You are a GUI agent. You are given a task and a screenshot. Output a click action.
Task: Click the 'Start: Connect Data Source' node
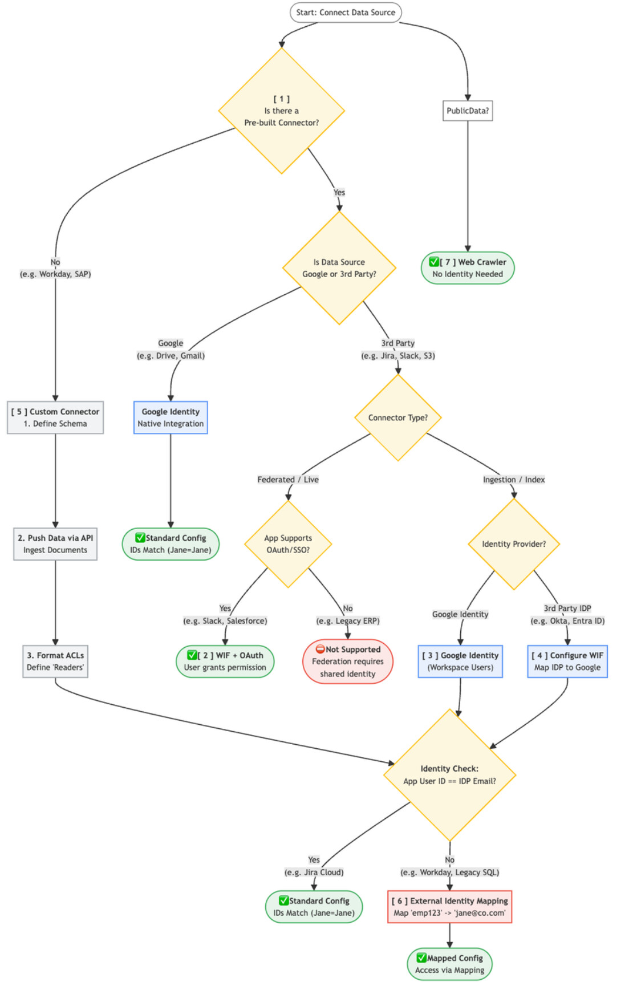click(346, 13)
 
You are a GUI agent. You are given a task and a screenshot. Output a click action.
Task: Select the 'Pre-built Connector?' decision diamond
click(281, 111)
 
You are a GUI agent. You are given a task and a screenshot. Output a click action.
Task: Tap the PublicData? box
click(468, 111)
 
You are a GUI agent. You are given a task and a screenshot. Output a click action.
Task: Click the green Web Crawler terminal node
click(468, 268)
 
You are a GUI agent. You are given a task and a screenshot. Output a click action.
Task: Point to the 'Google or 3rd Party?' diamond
click(339, 268)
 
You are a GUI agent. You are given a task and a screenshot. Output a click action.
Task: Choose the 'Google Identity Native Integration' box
click(171, 417)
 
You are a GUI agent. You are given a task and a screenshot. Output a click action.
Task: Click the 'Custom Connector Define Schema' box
click(55, 417)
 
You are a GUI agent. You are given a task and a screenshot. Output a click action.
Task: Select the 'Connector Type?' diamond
click(398, 417)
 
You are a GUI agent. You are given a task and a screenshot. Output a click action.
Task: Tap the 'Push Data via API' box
click(55, 544)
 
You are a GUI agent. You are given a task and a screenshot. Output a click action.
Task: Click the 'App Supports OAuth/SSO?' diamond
click(288, 544)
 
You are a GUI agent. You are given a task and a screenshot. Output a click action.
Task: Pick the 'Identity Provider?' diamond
click(514, 544)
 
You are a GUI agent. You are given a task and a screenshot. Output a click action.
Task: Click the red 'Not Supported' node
click(348, 662)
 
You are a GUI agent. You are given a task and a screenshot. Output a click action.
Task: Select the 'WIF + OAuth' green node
click(225, 662)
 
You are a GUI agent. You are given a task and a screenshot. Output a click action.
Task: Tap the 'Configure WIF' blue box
click(567, 662)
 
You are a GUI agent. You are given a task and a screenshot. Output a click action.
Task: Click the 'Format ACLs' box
click(55, 662)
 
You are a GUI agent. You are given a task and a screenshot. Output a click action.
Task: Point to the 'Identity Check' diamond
click(449, 775)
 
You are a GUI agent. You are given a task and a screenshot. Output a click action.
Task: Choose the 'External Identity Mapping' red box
click(449, 907)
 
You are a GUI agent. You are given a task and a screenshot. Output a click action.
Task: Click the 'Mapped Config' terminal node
click(449, 964)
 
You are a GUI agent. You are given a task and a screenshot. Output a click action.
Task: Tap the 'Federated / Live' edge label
click(288, 480)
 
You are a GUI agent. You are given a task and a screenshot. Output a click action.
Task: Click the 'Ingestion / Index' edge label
click(514, 480)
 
